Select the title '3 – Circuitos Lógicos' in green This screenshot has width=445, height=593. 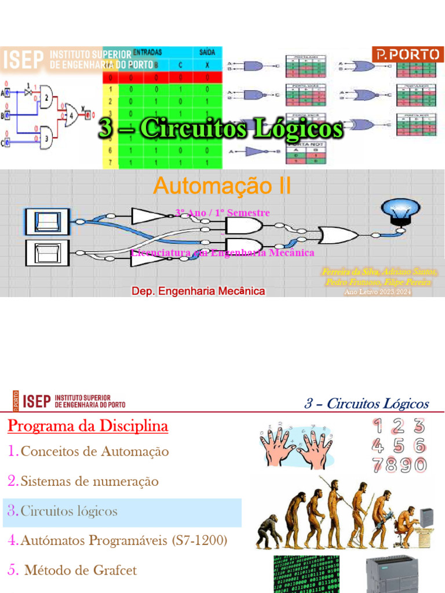[221, 129]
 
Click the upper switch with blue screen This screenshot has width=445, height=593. [47, 222]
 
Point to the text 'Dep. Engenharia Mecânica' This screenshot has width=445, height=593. [199, 291]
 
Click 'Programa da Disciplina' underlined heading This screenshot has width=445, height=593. [88, 427]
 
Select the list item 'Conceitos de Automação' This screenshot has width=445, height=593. [94, 451]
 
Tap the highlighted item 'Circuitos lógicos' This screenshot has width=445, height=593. [68, 511]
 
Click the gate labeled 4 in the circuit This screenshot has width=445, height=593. [73, 115]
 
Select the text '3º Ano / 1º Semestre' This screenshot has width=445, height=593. [222, 213]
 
